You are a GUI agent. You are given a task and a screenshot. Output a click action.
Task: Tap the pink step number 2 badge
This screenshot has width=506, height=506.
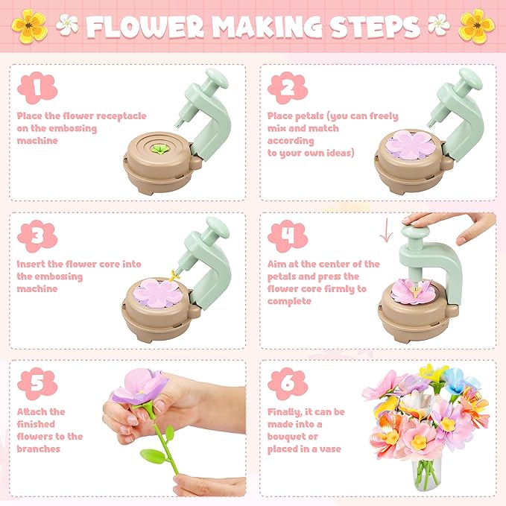pos(288,89)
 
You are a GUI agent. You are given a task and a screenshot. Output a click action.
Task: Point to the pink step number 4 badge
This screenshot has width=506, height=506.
pos(288,236)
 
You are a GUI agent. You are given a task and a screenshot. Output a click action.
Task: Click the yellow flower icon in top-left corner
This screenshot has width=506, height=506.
pos(29,25)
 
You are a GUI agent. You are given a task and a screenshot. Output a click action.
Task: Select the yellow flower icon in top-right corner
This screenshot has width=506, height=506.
pos(476,25)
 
